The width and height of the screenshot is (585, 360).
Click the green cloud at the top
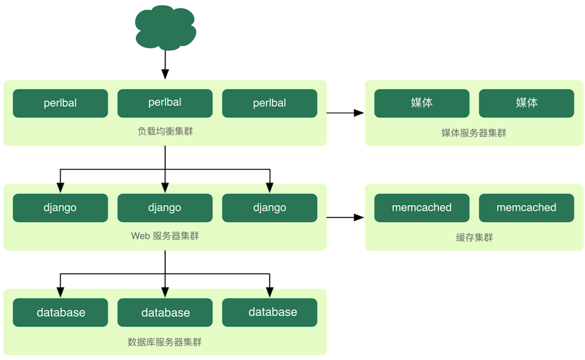[165, 27]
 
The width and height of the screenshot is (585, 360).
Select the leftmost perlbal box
[60, 103]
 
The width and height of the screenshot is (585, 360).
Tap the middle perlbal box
[165, 103]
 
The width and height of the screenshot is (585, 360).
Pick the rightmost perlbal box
[269, 103]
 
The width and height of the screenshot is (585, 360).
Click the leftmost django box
[60, 207]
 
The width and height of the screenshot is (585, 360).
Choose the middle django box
[165, 207]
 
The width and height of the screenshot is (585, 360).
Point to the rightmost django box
[269, 207]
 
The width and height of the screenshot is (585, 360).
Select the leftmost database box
[60, 312]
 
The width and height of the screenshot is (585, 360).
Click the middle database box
[165, 312]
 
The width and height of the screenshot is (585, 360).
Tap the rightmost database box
[269, 312]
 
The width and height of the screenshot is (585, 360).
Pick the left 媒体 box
[422, 103]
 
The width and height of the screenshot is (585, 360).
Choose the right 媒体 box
[526, 103]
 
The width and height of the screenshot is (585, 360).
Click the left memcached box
[422, 207]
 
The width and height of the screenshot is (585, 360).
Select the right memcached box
[526, 207]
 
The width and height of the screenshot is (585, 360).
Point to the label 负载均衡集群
[165, 131]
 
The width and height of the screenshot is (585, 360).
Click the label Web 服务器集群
[165, 236]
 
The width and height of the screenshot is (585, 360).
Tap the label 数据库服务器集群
[165, 342]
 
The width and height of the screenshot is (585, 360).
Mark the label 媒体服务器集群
[474, 132]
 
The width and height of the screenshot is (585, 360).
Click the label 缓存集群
[474, 237]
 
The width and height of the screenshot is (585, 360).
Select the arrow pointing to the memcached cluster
[345, 217]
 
